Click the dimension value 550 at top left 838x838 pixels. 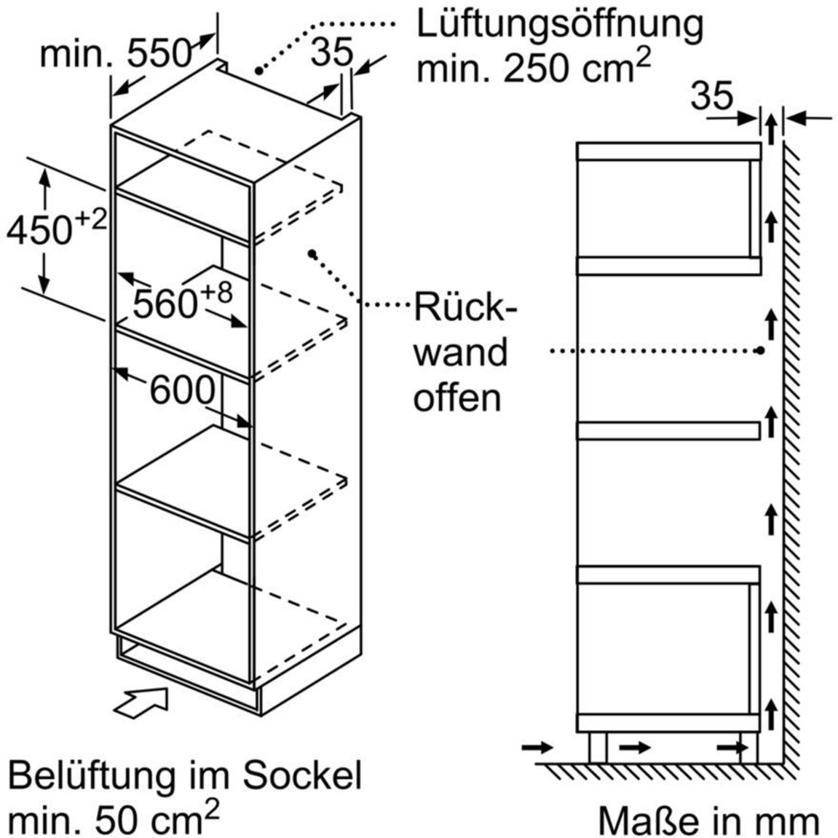(159, 54)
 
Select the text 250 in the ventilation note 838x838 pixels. (536, 69)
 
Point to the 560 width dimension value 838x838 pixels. (165, 304)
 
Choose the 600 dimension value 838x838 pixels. (182, 390)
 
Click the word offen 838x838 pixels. (457, 397)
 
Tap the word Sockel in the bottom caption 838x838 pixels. (302, 776)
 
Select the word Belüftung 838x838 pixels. (92, 776)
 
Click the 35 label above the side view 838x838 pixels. (711, 96)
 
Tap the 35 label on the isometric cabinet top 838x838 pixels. (332, 52)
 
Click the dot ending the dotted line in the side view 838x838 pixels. (759, 351)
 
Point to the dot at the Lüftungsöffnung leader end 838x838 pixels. (258, 71)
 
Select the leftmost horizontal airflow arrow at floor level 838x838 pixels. (537, 746)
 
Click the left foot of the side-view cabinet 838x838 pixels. (598, 747)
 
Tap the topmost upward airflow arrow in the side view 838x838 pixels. (770, 129)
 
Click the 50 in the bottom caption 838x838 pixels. (116, 820)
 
